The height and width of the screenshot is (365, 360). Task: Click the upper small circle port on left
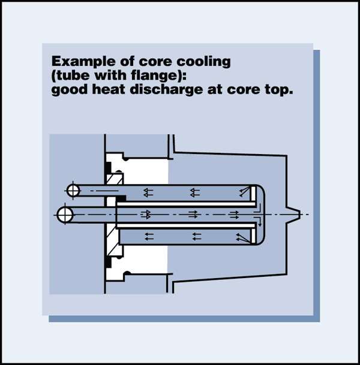tap(73, 191)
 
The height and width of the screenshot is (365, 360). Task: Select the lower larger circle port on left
tap(64, 213)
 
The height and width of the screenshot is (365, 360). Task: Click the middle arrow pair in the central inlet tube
tap(194, 214)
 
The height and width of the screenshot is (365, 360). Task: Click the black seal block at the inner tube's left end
tap(121, 198)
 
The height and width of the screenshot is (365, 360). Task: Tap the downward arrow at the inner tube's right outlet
tap(260, 224)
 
